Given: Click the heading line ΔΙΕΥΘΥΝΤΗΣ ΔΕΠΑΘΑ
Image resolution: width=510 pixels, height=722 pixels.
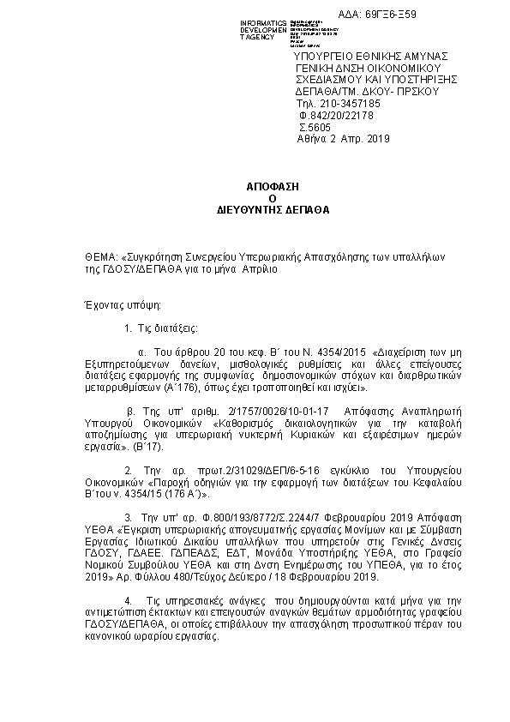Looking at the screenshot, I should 261,208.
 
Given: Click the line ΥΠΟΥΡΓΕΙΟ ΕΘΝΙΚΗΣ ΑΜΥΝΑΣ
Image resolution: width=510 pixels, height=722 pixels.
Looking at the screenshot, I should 353,56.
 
